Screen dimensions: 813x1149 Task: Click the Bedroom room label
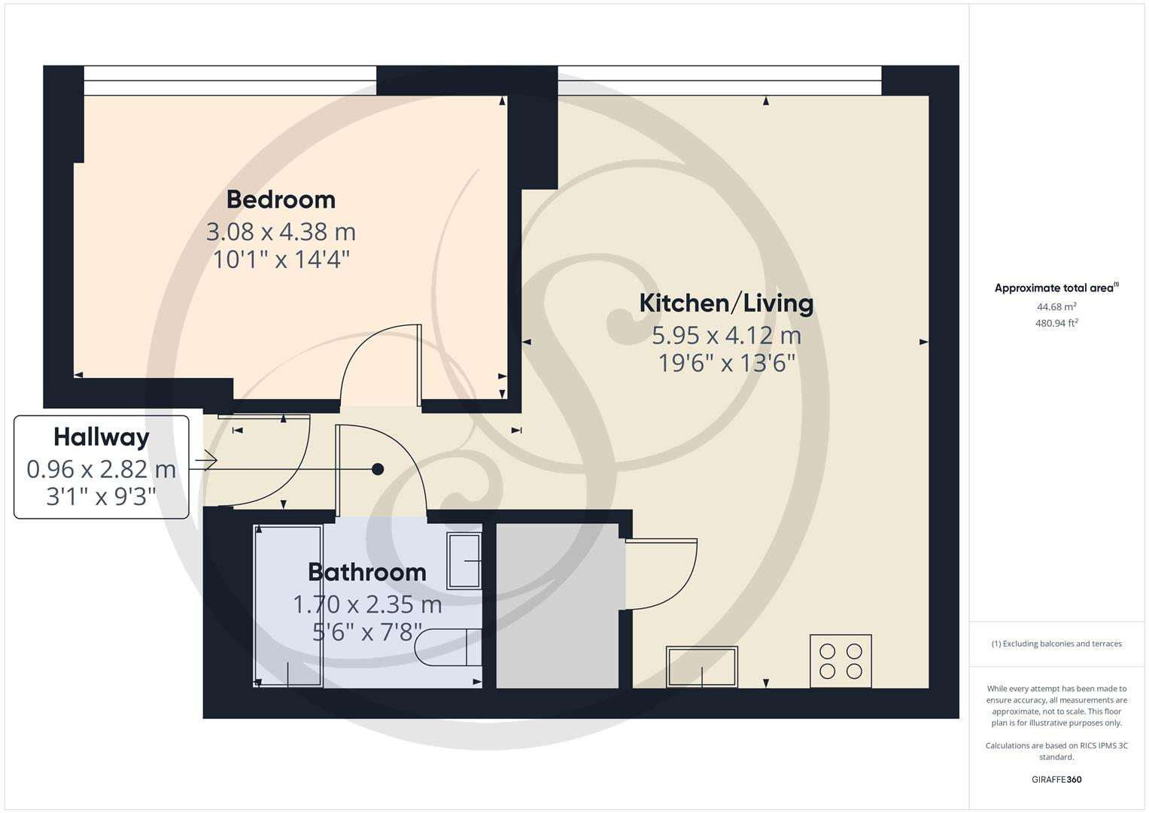(281, 199)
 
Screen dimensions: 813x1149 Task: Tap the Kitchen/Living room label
(726, 303)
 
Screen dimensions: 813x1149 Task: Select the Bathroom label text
(367, 572)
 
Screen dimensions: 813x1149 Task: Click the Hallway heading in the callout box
(102, 437)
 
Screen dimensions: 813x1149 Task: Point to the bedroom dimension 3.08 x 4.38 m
(281, 231)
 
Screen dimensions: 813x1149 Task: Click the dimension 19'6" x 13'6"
(726, 364)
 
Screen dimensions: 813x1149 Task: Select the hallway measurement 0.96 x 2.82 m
(102, 469)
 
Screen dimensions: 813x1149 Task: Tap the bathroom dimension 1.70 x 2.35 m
(367, 604)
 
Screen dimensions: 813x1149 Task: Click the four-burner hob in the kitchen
(840, 661)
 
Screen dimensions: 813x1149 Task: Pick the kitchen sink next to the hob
(701, 666)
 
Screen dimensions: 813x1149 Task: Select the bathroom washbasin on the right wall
(464, 561)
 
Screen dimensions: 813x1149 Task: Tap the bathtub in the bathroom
(288, 606)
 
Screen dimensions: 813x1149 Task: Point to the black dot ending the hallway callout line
(378, 469)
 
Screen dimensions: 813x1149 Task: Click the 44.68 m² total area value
(1056, 306)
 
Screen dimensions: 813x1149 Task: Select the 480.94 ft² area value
(1056, 323)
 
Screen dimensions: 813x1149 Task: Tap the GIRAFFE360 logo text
(1056, 779)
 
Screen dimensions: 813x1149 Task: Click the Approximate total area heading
(1056, 288)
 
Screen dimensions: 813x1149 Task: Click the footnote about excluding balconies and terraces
(1056, 644)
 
